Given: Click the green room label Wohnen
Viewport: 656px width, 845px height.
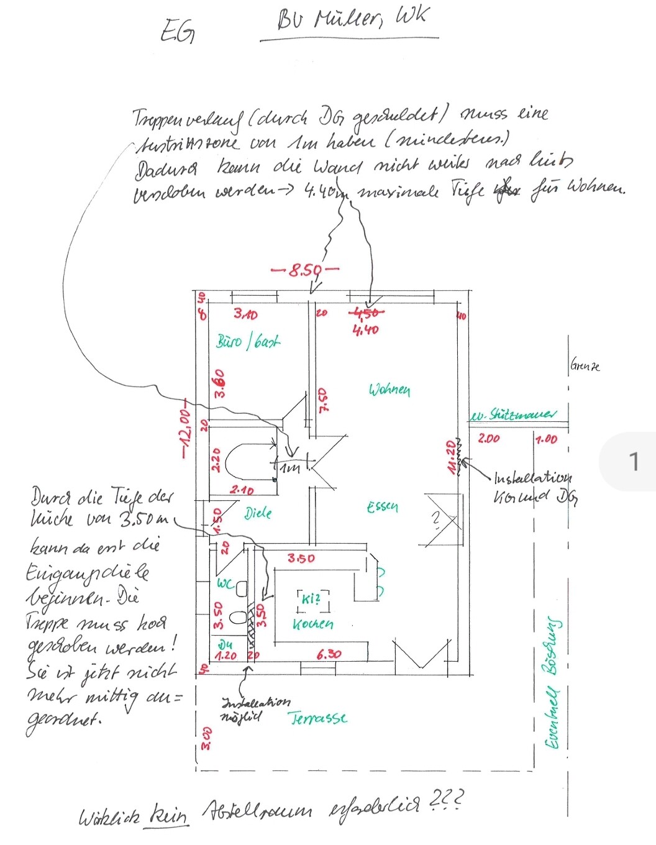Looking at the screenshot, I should (x=389, y=390).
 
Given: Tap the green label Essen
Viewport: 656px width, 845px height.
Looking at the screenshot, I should (x=382, y=506).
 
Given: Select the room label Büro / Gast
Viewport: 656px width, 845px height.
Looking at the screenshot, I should (x=248, y=341).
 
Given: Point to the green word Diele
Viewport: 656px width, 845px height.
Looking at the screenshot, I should (x=258, y=513).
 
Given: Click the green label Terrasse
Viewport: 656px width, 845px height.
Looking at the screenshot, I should (x=318, y=718).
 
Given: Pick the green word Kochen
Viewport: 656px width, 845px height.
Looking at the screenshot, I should (x=313, y=623).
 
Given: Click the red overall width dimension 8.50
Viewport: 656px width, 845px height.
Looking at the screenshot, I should (x=305, y=270).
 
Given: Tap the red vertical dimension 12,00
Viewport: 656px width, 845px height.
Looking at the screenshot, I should (x=184, y=434).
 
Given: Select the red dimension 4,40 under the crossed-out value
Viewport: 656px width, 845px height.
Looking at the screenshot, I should (x=365, y=330).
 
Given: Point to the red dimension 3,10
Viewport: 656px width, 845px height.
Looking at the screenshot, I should (x=245, y=314).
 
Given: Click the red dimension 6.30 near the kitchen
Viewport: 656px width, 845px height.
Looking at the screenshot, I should (x=329, y=654).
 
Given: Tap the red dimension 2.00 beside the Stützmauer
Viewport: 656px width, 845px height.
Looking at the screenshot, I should (x=488, y=439).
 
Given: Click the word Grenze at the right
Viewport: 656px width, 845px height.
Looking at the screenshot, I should (x=585, y=366).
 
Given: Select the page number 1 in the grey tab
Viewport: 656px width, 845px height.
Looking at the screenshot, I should (x=634, y=462).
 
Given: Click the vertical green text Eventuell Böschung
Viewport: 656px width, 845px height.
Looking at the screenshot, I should (x=551, y=683).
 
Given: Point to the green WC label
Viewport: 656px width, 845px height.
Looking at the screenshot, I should (x=224, y=584).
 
